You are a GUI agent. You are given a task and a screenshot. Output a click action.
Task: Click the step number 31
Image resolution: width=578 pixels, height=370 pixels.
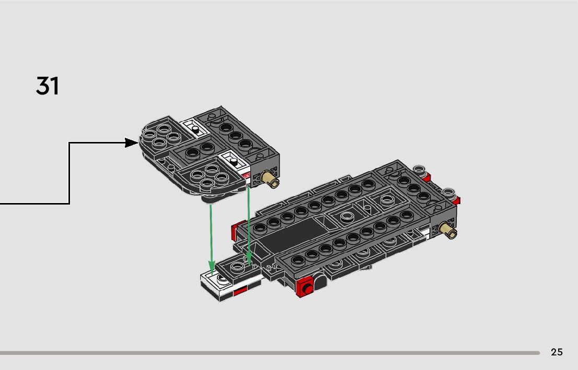pyautogui.click(x=48, y=86)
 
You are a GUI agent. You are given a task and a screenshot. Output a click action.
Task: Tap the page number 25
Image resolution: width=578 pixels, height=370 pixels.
pyautogui.click(x=557, y=352)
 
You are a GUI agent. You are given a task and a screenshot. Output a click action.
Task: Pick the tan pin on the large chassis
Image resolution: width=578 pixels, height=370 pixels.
pyautogui.click(x=448, y=230)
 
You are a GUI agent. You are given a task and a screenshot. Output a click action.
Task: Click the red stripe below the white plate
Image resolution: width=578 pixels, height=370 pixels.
pyautogui.click(x=240, y=291)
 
